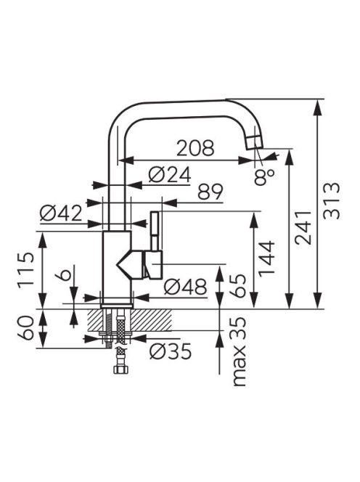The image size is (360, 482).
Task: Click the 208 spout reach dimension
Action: (x=195, y=148)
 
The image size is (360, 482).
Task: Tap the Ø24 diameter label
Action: (x=169, y=175)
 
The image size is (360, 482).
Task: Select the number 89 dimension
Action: (x=210, y=192)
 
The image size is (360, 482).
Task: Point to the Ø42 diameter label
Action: (x=61, y=213)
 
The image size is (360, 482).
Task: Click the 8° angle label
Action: (x=263, y=177)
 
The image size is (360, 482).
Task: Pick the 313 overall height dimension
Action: (x=332, y=201)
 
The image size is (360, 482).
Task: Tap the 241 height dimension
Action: (x=303, y=227)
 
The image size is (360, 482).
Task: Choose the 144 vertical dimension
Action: (x=266, y=258)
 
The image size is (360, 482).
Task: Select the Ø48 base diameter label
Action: (x=185, y=287)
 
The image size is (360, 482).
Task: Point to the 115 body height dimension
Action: (x=25, y=270)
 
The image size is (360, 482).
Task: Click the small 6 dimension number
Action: (x=62, y=273)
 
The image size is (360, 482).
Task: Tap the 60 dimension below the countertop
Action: (x=25, y=327)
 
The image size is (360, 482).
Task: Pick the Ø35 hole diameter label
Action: (x=171, y=351)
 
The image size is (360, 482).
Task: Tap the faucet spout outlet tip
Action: (x=255, y=142)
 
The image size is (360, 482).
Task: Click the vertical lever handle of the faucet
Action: (x=155, y=231)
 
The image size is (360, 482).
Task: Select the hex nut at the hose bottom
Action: (x=121, y=369)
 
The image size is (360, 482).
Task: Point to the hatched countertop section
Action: (x=129, y=320)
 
